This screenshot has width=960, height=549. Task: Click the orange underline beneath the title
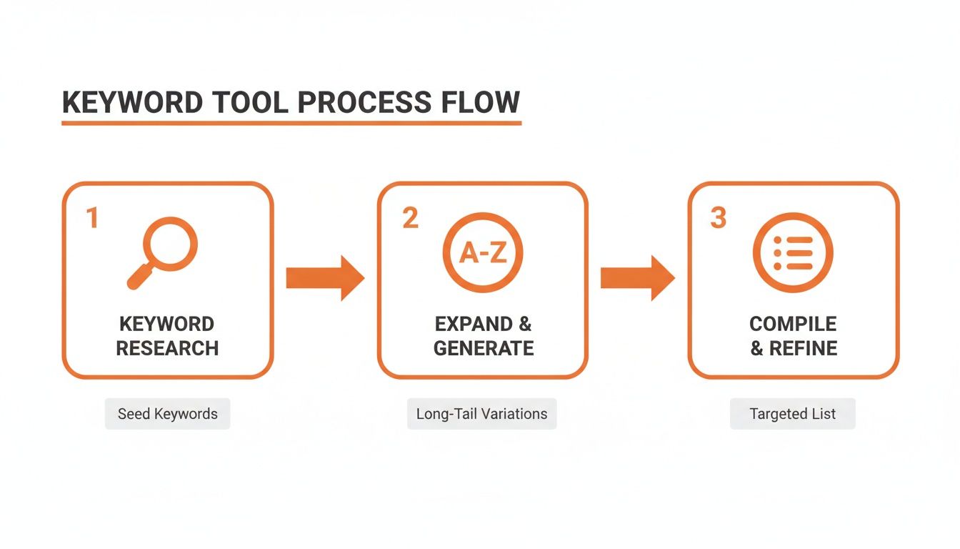point(291,124)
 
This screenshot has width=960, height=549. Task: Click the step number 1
point(91,218)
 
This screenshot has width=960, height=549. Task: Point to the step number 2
point(410,218)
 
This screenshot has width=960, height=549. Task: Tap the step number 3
point(718,218)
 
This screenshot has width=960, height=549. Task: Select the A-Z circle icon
point(483,252)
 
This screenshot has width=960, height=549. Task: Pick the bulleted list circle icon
point(793,252)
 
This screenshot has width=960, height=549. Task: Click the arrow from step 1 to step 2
point(325,277)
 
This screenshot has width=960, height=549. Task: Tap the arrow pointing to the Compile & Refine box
point(637,277)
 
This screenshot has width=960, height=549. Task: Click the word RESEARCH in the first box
point(167,349)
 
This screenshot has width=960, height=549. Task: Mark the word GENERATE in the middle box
point(484,349)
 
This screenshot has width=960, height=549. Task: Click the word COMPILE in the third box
point(793,324)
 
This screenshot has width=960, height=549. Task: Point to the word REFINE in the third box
point(804,349)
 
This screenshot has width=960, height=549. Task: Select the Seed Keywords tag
point(167,414)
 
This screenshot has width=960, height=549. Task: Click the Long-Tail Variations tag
point(481,414)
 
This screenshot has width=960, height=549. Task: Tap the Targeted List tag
point(792,414)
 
